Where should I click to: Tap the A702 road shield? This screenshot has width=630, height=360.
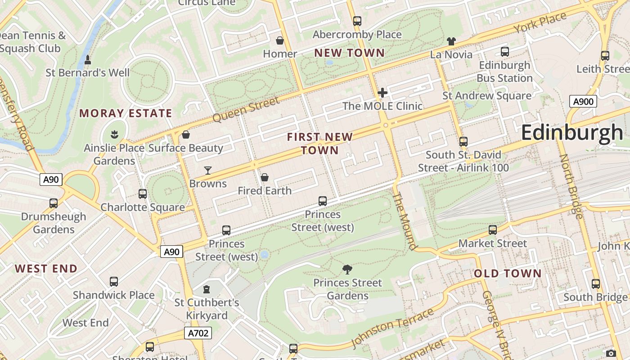[x=198, y=333]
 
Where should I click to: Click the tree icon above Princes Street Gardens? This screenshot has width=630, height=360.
[x=347, y=270]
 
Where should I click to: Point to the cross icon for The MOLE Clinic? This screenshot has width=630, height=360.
[x=382, y=93]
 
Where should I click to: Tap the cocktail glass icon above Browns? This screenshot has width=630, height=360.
[x=208, y=170]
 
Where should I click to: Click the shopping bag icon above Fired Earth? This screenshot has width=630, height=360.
[x=265, y=177]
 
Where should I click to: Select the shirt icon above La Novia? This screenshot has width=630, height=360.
[x=451, y=41]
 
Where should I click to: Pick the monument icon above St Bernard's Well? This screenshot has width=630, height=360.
[x=88, y=59]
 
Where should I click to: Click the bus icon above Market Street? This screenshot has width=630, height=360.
[x=493, y=230]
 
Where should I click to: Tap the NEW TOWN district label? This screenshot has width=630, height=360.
[x=349, y=53]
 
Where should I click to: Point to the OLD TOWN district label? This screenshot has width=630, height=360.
[x=508, y=274]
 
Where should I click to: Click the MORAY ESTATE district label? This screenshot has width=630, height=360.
[x=126, y=113]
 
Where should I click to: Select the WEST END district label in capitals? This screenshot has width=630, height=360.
[x=46, y=269]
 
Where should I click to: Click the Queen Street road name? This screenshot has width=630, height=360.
[x=246, y=110]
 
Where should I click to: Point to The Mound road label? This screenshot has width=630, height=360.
[x=405, y=221]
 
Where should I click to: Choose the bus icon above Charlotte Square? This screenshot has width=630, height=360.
[x=143, y=194]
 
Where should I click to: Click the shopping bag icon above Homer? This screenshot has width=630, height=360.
[x=280, y=40]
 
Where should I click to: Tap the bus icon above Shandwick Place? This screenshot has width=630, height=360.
[x=114, y=282]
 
